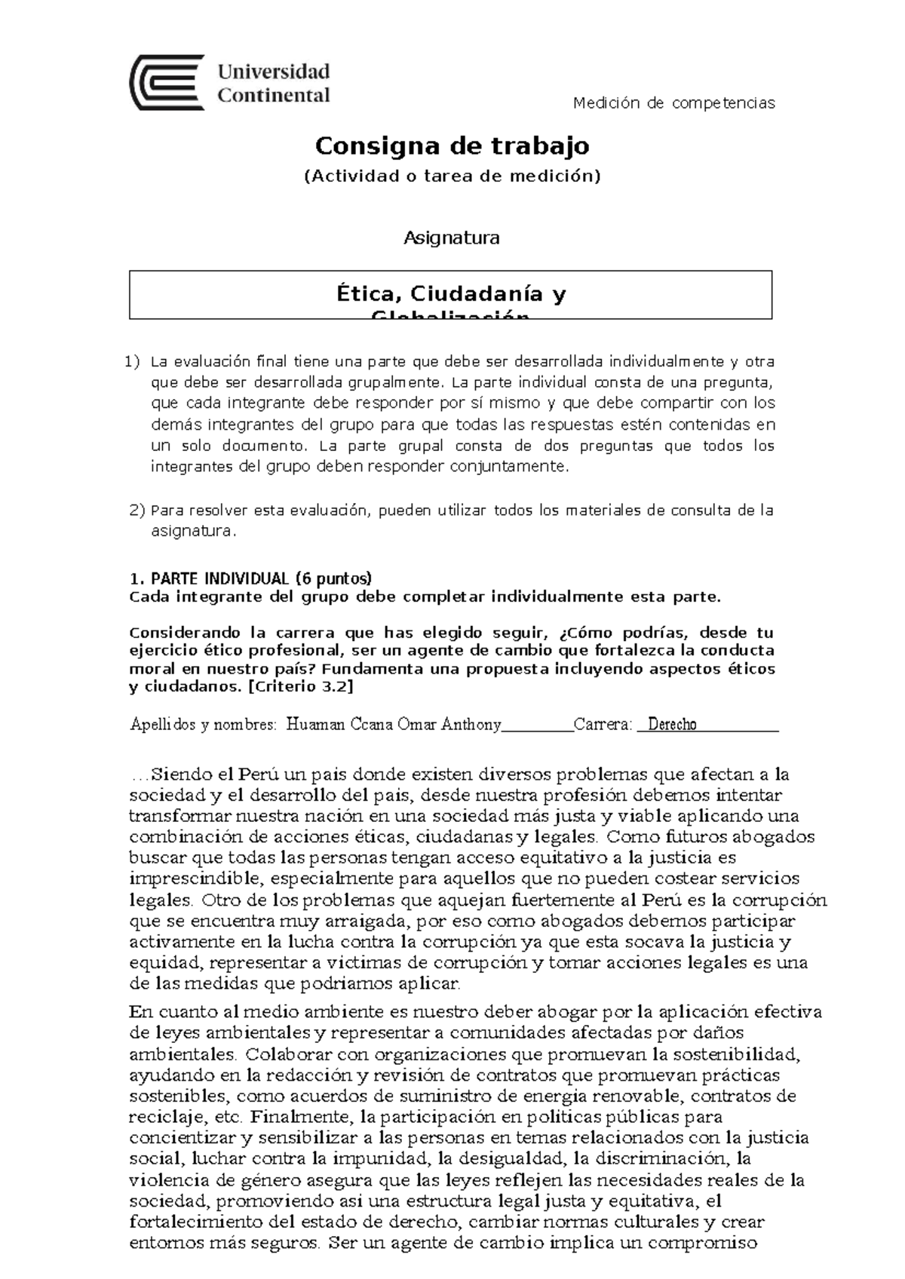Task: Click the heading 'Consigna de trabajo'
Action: point(452,146)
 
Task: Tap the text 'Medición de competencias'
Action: point(673,103)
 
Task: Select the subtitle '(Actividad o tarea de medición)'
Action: point(452,176)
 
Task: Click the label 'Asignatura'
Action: point(452,238)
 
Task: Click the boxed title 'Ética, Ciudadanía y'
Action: point(451,293)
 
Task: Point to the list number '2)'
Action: point(137,511)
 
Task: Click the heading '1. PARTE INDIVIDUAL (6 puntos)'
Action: point(251,579)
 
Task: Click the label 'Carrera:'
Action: point(603,725)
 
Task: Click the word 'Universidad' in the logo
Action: point(274,72)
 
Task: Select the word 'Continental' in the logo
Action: point(274,96)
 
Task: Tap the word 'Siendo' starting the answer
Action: point(178,774)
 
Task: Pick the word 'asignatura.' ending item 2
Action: point(194,532)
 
